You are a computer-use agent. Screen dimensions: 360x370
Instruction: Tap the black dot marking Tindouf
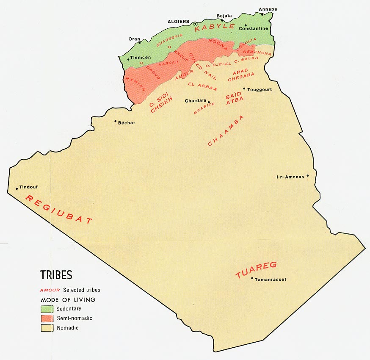click(17, 188)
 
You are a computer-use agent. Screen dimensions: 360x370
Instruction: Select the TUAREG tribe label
click(256, 270)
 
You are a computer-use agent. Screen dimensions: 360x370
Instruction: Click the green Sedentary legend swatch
click(47, 309)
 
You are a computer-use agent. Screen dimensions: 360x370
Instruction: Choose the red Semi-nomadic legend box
click(47, 318)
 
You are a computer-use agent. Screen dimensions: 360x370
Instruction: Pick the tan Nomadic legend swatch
click(47, 328)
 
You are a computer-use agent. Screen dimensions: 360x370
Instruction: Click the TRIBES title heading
click(56, 275)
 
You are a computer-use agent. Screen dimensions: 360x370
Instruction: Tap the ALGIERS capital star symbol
click(195, 24)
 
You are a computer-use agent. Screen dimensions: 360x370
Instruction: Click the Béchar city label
click(127, 122)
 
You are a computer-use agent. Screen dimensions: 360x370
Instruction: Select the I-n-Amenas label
click(290, 177)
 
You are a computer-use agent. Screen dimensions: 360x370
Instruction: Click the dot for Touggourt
click(244, 89)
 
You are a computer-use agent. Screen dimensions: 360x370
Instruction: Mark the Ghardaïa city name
click(196, 101)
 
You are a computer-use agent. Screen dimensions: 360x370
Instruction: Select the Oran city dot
click(139, 42)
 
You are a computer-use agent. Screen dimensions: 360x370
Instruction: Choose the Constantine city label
click(254, 28)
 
